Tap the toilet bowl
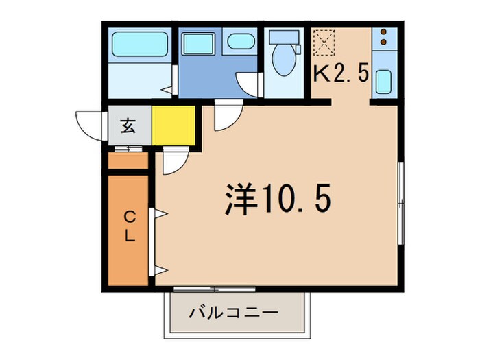(281, 61)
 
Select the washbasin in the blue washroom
(241, 40)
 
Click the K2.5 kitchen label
(341, 73)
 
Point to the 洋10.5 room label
(278, 199)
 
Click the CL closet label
(129, 226)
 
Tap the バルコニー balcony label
(234, 313)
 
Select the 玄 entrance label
(128, 125)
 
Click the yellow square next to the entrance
(173, 125)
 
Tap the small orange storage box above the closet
(128, 162)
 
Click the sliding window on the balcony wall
(214, 288)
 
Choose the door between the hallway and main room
(173, 162)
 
